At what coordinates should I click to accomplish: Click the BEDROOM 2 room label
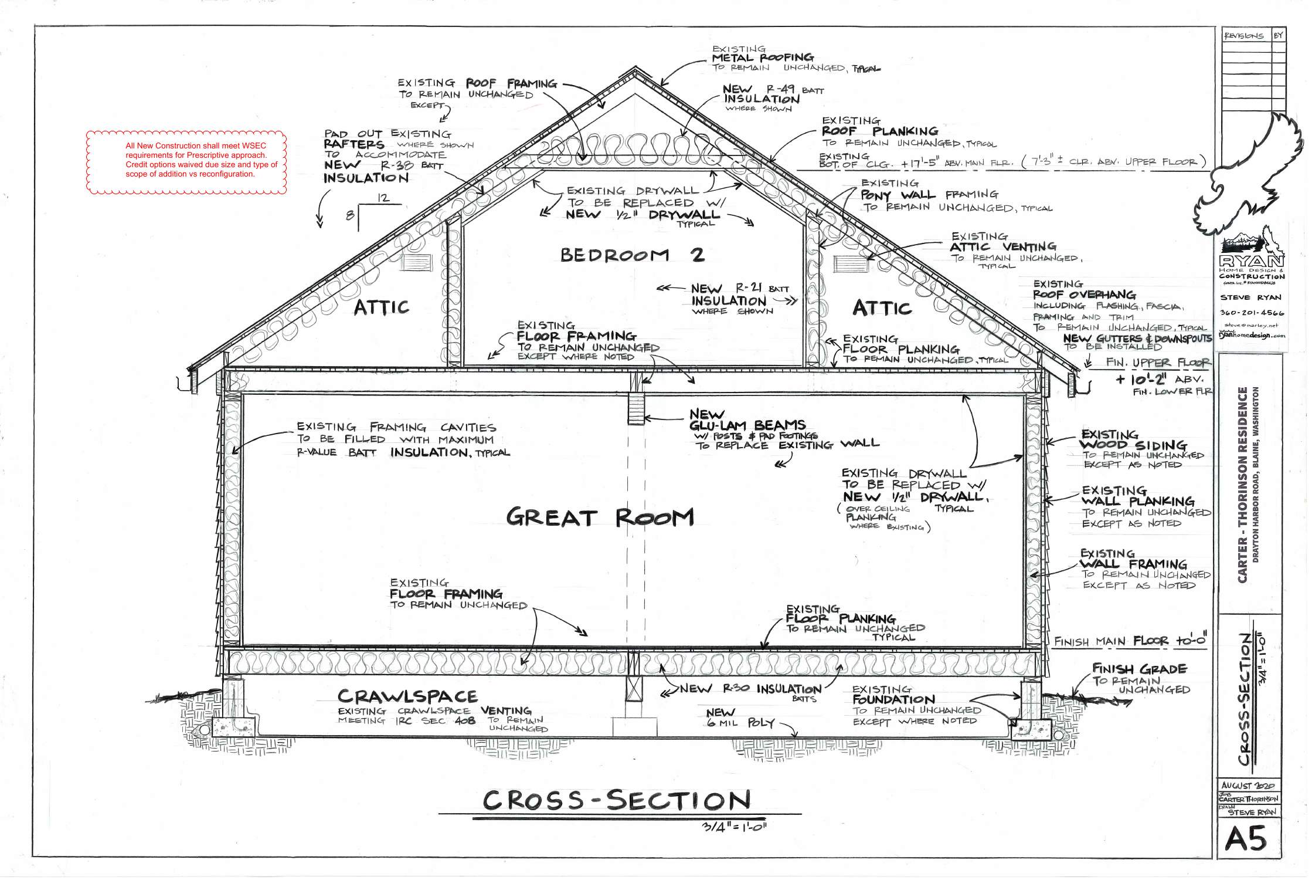pos(632,255)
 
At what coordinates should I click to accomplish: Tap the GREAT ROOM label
pos(600,517)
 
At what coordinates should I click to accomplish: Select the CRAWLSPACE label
pos(407,696)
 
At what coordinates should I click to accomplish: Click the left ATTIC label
pos(381,307)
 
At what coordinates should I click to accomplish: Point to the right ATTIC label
pos(882,308)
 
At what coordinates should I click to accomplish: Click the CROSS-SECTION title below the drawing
pos(617,800)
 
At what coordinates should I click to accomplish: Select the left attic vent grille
pos(418,262)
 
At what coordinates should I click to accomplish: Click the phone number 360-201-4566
pos(1252,313)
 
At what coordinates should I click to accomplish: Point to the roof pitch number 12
pos(383,198)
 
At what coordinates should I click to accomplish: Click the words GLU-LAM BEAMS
pos(747,425)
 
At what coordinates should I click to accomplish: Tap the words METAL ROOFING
pos(763,58)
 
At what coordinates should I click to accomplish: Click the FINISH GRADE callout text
pos(1139,669)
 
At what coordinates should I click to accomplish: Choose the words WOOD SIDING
pos(1133,445)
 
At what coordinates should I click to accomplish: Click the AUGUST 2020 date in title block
pos(1247,786)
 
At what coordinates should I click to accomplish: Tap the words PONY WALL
pos(898,195)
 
